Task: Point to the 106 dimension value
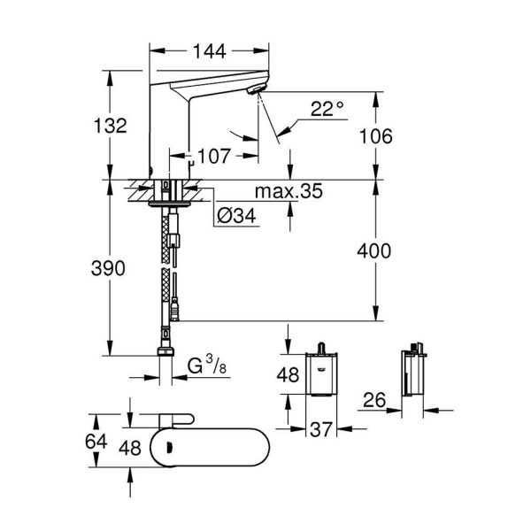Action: [x=375, y=135]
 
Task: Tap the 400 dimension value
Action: [x=375, y=251]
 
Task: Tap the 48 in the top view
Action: [x=132, y=449]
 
